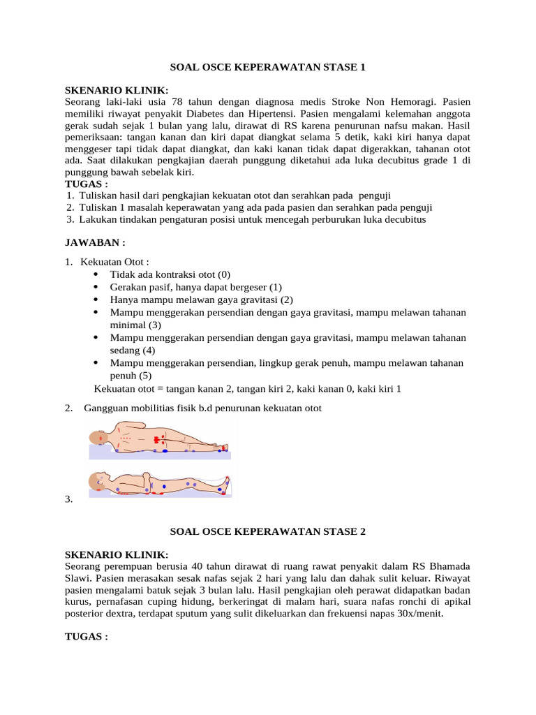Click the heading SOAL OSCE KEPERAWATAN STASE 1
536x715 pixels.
tap(268, 68)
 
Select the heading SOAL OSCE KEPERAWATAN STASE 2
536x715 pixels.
tap(268, 531)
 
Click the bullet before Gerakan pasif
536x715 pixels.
tap(95, 287)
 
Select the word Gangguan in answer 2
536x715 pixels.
tap(105, 408)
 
